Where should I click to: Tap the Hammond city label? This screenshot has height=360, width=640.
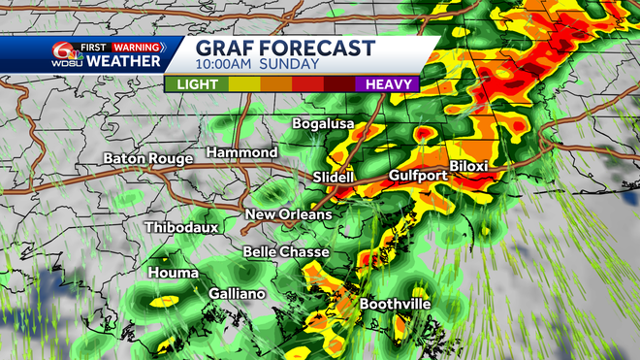[x=241, y=153]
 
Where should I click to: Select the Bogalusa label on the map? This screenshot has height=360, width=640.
[x=325, y=124]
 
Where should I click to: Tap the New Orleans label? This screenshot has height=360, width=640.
[x=288, y=214]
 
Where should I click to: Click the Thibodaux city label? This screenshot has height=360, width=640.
[x=181, y=227]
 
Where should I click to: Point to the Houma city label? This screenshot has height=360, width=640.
[x=172, y=274]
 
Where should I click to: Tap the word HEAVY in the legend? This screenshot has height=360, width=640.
[x=391, y=84]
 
